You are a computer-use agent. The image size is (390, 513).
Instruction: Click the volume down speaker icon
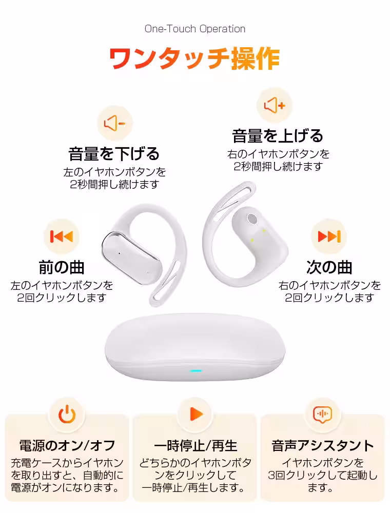point(114,123)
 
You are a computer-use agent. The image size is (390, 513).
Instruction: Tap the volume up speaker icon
point(275,105)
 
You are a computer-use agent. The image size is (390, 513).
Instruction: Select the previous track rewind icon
point(61,236)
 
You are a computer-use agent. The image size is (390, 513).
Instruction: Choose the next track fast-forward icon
point(329,236)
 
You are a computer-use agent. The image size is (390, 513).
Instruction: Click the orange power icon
point(67,414)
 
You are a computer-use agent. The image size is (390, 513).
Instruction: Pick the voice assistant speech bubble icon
point(323,415)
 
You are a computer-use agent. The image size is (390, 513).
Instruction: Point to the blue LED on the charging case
point(196,371)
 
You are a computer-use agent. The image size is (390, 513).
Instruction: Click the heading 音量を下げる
point(114,154)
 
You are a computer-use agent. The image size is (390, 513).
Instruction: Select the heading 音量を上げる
point(278,136)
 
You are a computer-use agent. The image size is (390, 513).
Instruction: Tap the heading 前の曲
point(62,267)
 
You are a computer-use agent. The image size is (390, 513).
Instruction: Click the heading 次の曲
point(329,267)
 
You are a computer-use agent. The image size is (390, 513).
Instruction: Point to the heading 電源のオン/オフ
point(67,445)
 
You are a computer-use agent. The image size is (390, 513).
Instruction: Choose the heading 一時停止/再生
point(196,446)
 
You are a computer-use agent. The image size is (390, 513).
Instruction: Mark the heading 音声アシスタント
point(323,446)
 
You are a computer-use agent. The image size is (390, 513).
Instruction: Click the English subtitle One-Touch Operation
point(195,29)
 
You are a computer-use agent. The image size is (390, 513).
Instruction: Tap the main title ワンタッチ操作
point(194,58)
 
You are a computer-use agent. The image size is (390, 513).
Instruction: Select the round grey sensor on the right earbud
point(252,219)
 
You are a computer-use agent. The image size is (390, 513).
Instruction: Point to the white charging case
point(195,348)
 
